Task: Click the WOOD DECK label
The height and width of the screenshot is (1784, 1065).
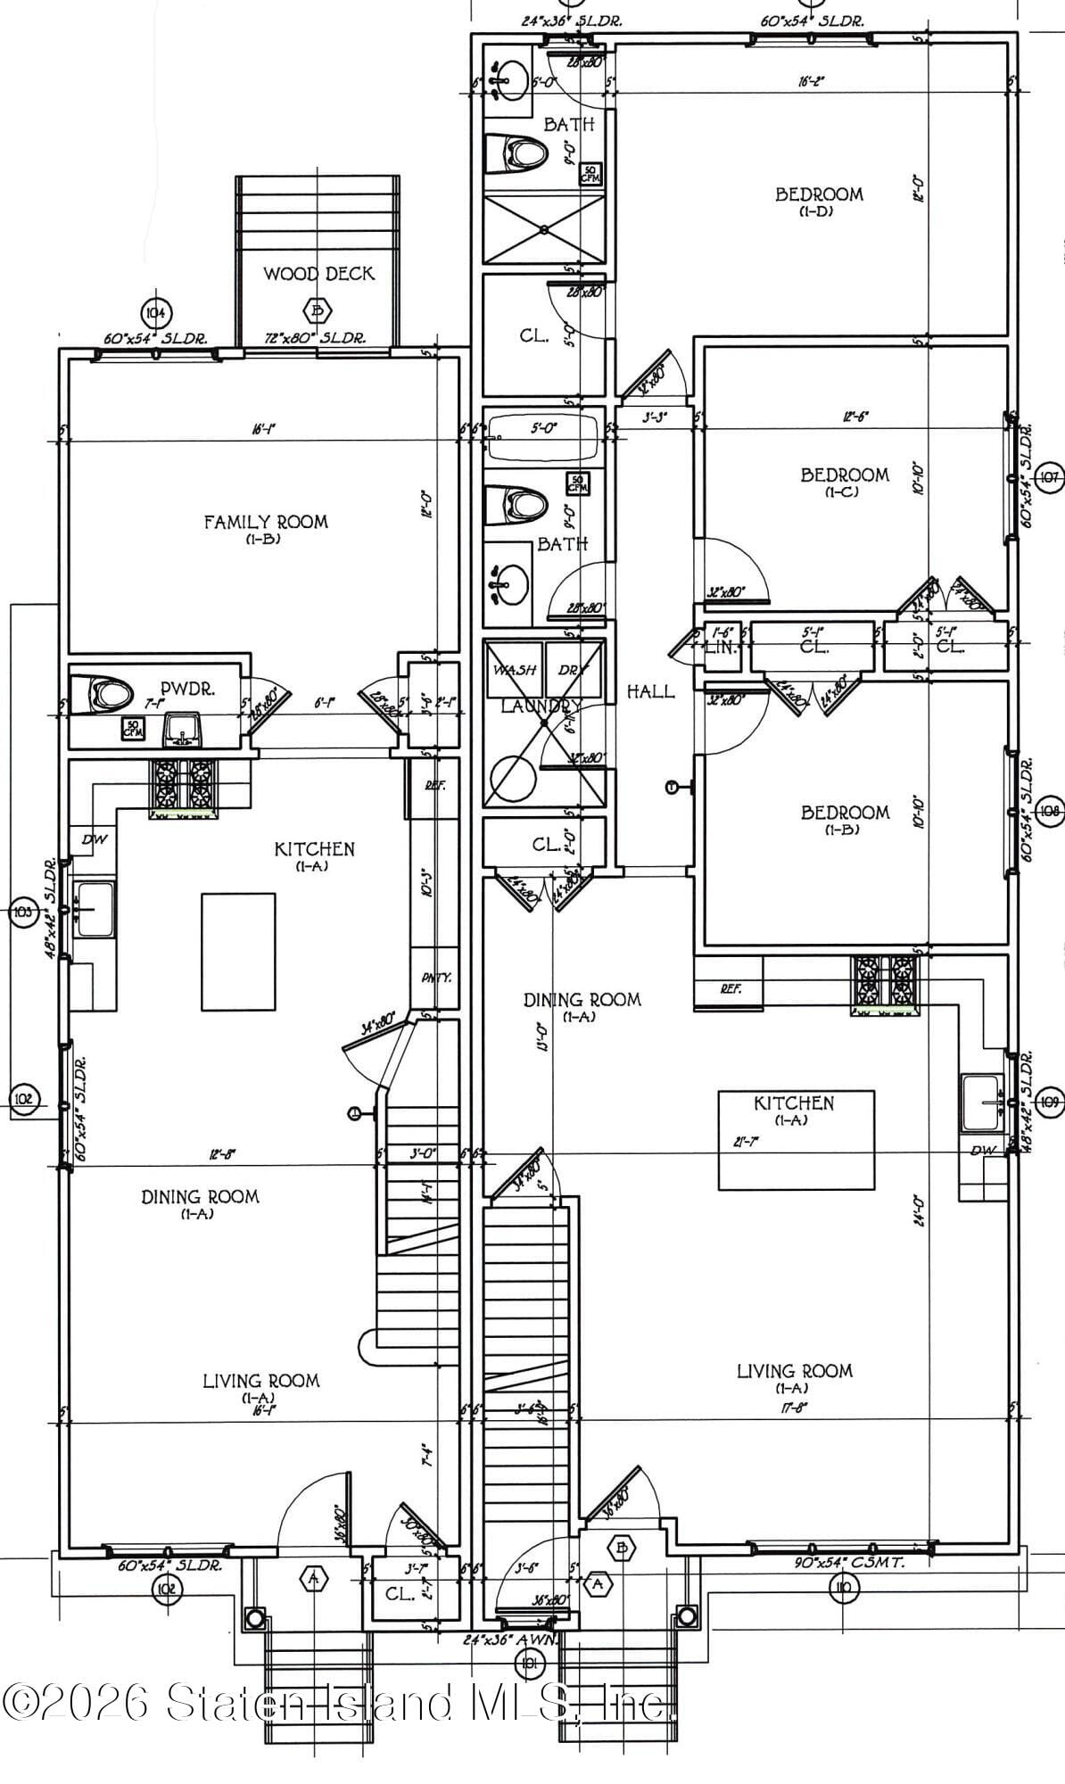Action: click(x=318, y=274)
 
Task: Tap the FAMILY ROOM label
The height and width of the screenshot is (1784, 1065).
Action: click(x=266, y=522)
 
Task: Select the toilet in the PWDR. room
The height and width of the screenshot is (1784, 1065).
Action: click(x=102, y=693)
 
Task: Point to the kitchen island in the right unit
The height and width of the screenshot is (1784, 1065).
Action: click(x=796, y=1140)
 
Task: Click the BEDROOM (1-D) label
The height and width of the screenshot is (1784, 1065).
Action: click(x=818, y=194)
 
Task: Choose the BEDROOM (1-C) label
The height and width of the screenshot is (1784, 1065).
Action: click(x=844, y=475)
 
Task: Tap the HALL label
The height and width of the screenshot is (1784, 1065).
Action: click(x=650, y=691)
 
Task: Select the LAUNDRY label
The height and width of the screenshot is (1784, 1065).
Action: click(x=541, y=706)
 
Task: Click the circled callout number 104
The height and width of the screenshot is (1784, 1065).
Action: click(x=157, y=312)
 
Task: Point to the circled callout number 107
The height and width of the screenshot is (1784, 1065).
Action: click(x=1049, y=477)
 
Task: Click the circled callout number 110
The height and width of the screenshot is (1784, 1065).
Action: click(x=842, y=1587)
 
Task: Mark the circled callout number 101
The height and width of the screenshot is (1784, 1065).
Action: click(x=530, y=1662)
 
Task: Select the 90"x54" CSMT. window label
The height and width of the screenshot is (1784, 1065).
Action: click(x=849, y=1563)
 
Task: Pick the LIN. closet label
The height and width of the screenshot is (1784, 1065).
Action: click(x=721, y=648)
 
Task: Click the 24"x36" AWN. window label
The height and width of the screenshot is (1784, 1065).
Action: click(x=511, y=1639)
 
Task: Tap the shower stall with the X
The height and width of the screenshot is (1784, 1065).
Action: click(x=544, y=229)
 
